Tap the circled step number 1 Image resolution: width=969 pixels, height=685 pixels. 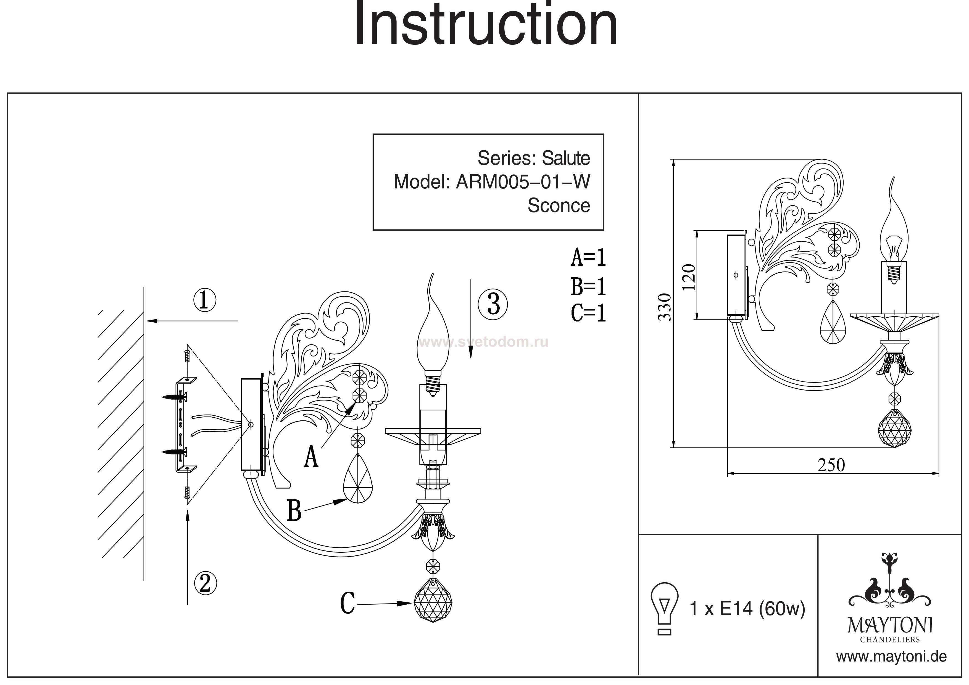point(205,300)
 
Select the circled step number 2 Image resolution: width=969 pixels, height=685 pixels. point(205,583)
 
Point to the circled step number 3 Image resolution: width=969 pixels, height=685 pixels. point(493,304)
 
